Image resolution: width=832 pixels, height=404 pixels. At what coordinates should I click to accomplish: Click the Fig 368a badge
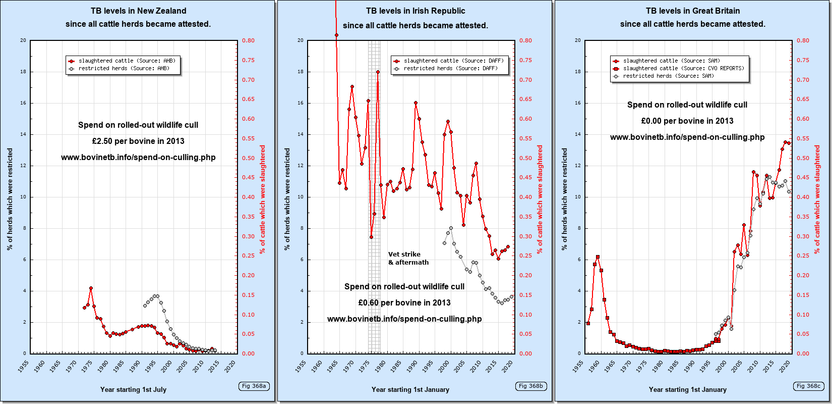click(254, 386)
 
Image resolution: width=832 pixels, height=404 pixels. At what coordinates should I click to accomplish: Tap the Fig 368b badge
click(531, 386)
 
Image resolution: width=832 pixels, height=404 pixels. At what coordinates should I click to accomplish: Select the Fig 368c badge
click(808, 386)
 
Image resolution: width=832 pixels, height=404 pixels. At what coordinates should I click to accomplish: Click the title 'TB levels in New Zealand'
click(138, 11)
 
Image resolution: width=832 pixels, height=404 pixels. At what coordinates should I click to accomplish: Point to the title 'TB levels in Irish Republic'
click(415, 11)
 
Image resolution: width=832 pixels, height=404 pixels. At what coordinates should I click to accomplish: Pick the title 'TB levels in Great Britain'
click(693, 11)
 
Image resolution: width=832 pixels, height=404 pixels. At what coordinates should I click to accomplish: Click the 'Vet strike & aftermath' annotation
click(408, 259)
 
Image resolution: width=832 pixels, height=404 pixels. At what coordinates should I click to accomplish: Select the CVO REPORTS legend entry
click(683, 68)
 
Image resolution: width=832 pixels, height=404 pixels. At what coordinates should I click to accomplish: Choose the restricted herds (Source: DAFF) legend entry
click(450, 68)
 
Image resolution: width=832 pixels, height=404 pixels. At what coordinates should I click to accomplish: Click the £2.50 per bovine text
click(138, 141)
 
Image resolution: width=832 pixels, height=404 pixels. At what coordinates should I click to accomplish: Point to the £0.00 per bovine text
click(687, 121)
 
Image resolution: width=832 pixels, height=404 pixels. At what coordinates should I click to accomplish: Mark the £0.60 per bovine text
click(404, 302)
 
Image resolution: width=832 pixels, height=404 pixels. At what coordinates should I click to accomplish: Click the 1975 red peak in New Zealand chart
click(91, 288)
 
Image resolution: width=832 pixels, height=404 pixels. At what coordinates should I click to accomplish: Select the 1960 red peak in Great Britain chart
click(598, 257)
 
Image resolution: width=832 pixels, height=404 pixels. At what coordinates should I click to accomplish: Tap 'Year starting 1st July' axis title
click(133, 389)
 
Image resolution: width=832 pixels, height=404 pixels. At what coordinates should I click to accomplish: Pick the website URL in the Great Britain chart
click(687, 137)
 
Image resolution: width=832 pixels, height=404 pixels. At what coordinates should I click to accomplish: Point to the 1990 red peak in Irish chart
click(415, 103)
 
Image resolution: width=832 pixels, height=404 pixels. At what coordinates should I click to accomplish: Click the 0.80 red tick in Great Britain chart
click(803, 40)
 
